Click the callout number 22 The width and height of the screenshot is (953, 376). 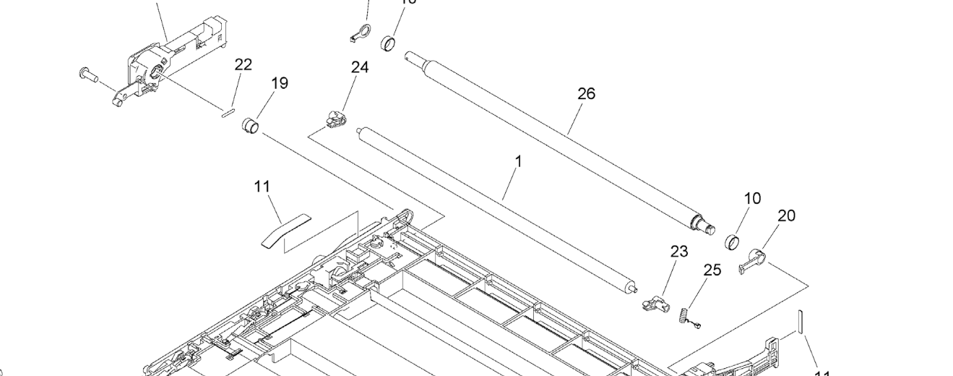click(243, 64)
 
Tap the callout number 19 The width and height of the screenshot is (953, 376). click(280, 83)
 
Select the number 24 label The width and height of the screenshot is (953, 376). click(360, 67)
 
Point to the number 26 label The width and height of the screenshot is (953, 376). click(587, 93)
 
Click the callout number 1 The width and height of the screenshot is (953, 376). click(518, 161)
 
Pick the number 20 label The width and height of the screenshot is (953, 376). click(786, 215)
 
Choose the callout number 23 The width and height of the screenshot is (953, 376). click(679, 252)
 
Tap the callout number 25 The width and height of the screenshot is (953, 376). click(712, 270)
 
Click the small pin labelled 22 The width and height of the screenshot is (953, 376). click(227, 111)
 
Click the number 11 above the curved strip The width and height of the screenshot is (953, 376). click(262, 187)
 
